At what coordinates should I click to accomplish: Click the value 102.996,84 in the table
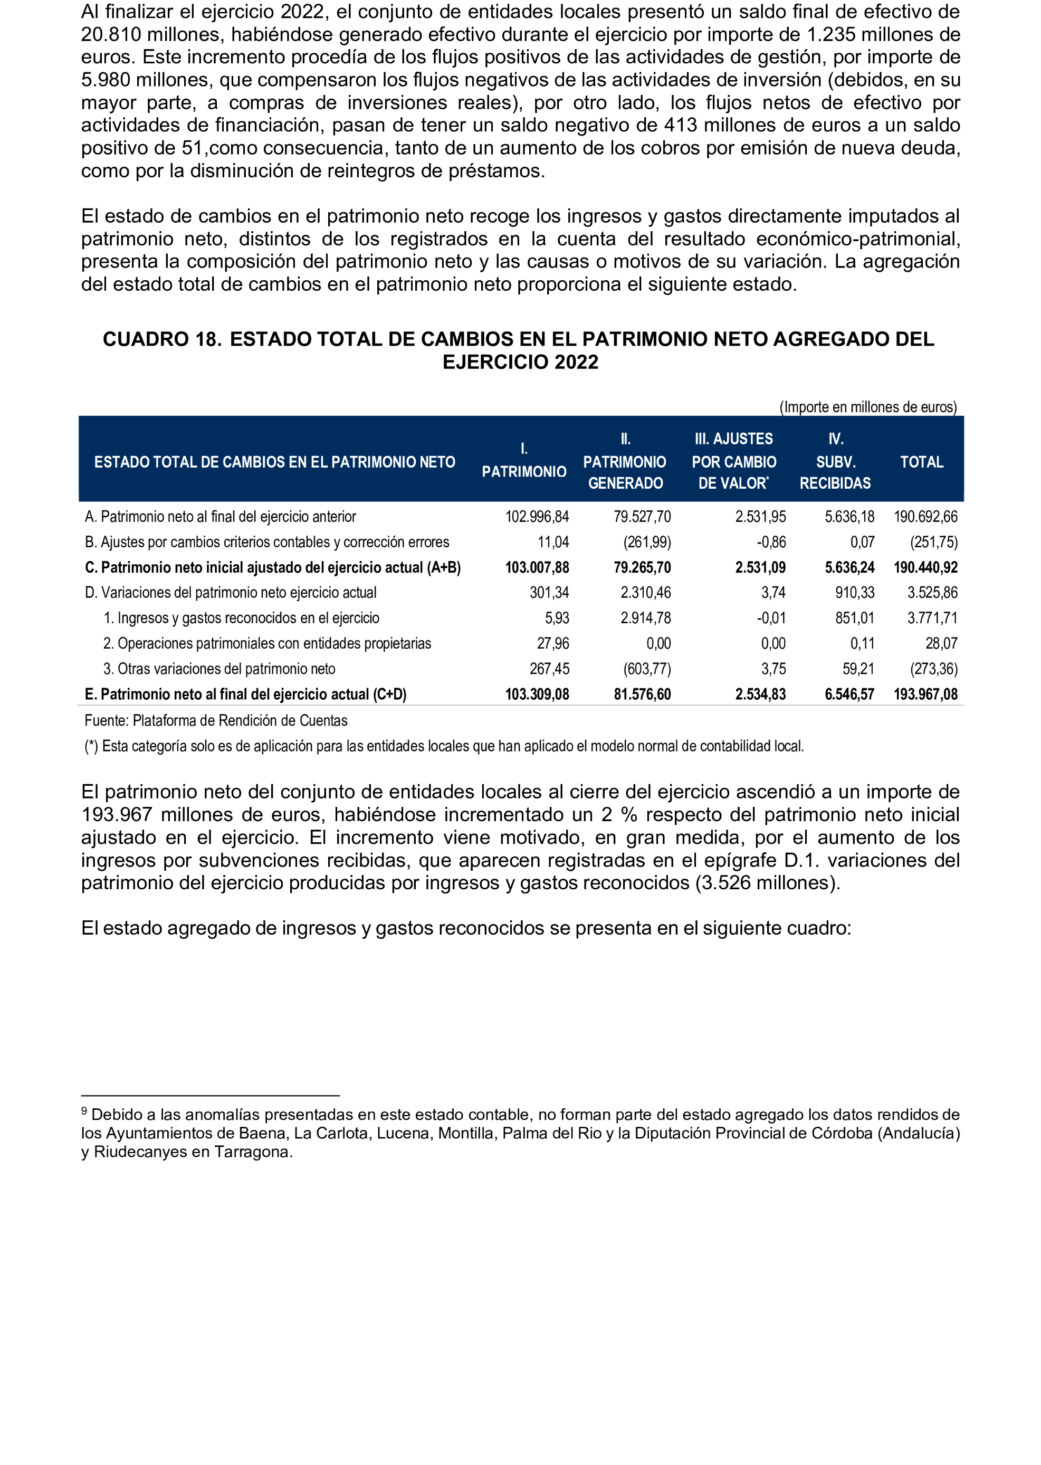point(537,517)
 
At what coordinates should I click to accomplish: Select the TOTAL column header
point(921,462)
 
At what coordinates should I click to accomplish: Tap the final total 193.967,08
point(925,695)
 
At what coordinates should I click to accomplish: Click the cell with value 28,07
point(940,644)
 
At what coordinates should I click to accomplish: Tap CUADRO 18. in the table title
point(162,339)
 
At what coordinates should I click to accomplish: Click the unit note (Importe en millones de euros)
point(867,407)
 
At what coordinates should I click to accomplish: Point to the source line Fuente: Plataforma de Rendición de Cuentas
point(216,721)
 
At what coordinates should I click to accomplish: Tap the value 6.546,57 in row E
point(849,695)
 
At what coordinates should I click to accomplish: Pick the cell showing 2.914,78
point(645,618)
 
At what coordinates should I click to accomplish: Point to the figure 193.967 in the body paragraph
point(117,815)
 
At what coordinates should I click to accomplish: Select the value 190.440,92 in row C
point(925,567)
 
